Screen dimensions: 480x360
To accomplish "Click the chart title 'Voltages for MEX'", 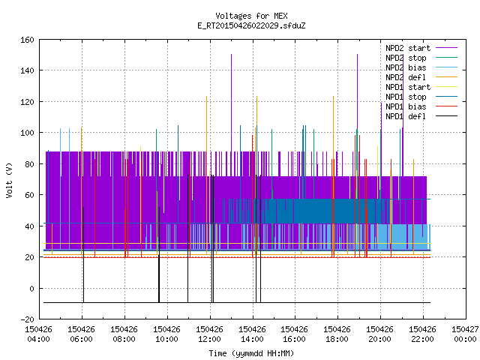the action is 251,16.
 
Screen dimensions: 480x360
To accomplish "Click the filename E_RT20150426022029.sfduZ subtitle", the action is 251,25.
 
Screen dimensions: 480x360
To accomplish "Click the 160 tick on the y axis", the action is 27,40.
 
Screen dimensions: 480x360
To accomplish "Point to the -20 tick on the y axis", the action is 27,319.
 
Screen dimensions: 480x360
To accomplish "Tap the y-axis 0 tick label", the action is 31,288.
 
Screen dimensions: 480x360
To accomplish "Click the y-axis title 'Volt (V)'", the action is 10,181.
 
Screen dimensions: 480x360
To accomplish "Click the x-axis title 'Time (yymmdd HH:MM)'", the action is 251,353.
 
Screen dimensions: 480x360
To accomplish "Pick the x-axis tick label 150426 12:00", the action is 209,334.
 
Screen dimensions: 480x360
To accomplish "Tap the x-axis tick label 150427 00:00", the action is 465,334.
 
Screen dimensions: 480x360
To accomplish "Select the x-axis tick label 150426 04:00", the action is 38,334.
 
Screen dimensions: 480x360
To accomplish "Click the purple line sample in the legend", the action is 446,48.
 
